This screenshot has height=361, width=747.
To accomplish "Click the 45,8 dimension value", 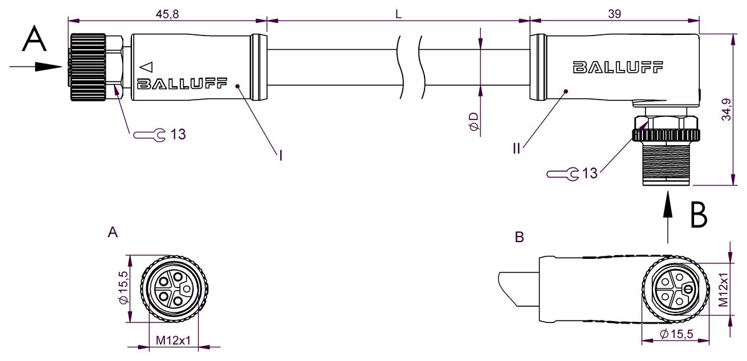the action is (167, 14).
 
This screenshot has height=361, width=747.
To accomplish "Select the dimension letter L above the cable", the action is (398, 14).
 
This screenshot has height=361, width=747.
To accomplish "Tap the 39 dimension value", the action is (614, 14).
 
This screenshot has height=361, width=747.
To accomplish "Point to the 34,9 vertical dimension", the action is (726, 110).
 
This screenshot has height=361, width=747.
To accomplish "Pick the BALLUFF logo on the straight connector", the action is (182, 83).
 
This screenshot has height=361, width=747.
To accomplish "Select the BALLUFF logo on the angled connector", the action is (618, 67).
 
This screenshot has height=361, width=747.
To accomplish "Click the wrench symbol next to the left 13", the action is (149, 135).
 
